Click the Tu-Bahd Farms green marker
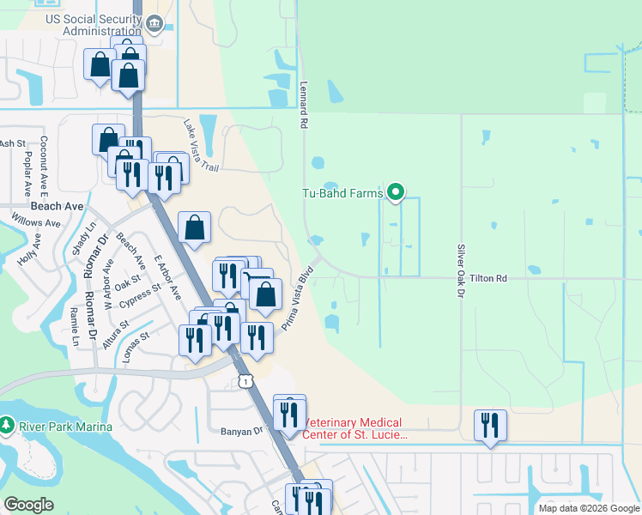point(395,193)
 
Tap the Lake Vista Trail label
point(201,144)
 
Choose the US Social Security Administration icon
point(155,23)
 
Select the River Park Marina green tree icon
point(7,426)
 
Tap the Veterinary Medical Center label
point(354,428)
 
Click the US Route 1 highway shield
point(247,380)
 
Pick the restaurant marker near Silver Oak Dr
point(490,426)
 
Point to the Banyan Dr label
point(227,432)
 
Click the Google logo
point(28,505)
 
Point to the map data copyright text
point(589,508)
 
